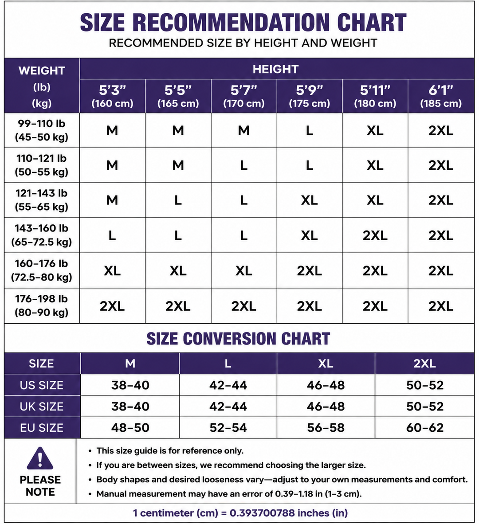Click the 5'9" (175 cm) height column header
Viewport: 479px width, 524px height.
[x=309, y=96]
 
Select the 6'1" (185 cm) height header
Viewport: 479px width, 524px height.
[x=441, y=96]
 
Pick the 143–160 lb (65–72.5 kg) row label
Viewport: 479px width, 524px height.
[x=41, y=235]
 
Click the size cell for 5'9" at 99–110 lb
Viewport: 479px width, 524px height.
[x=310, y=130]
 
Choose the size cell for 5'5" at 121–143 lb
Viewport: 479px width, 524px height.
[x=178, y=200]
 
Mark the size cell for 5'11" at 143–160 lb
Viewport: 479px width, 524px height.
[x=375, y=235]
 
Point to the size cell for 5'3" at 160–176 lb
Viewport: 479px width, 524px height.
[x=112, y=271]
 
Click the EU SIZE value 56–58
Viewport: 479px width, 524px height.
[x=326, y=428]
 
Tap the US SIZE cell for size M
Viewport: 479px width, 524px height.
[x=130, y=385]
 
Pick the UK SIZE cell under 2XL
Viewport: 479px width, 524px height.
[x=425, y=407]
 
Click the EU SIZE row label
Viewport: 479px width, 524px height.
[x=41, y=428]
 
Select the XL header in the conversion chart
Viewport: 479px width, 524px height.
[x=326, y=364]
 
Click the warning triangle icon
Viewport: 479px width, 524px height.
[x=40, y=458]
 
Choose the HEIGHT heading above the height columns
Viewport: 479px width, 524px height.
[x=275, y=69]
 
